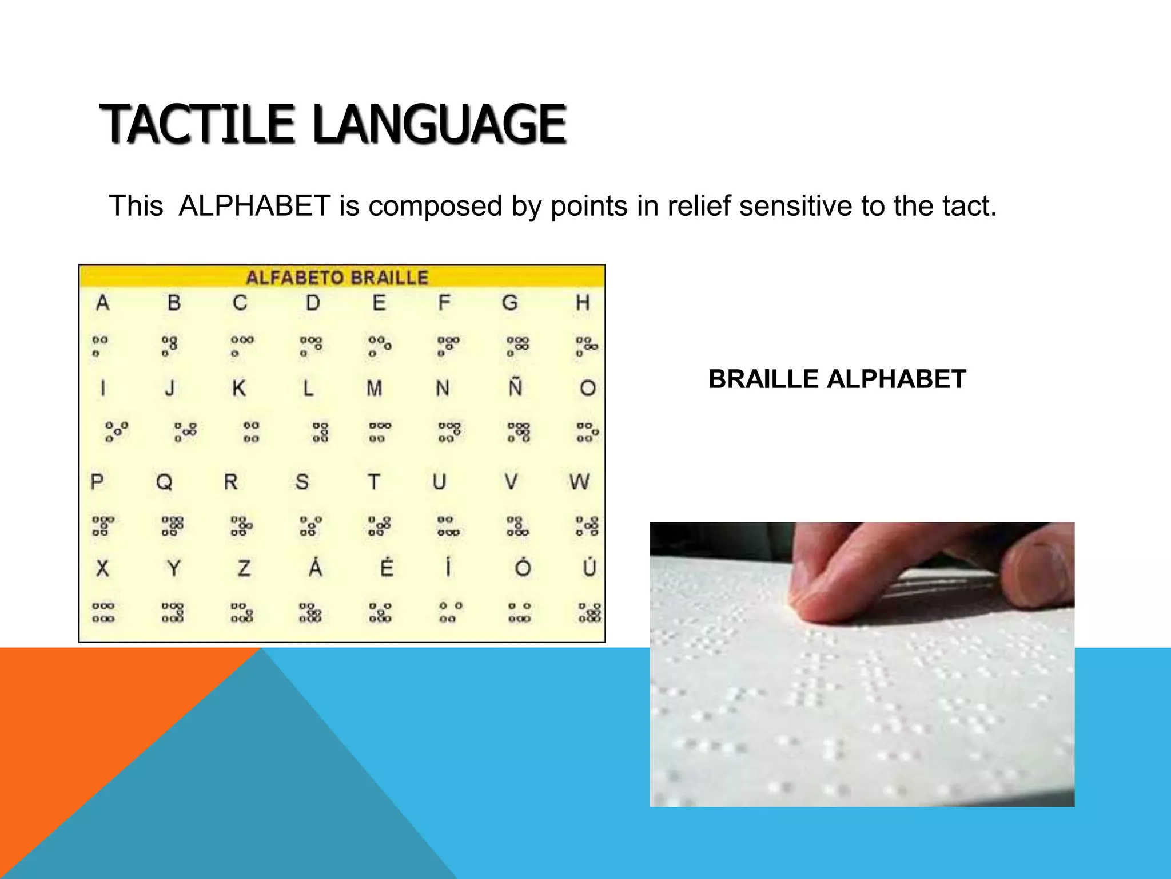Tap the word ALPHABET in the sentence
254,206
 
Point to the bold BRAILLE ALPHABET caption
837,379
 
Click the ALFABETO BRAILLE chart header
337,278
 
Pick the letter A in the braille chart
102,303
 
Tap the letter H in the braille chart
582,303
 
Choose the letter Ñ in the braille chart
516,387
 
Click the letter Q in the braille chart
164,482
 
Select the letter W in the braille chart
579,482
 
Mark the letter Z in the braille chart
244,568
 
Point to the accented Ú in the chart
589,567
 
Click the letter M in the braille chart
375,389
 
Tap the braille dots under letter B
169,346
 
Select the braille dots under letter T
379,526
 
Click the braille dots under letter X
103,612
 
